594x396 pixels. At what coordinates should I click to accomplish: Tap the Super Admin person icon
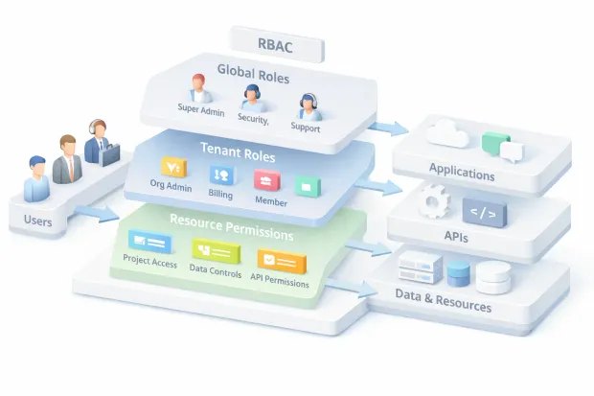pos(199,88)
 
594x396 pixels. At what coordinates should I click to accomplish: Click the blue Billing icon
pos(220,175)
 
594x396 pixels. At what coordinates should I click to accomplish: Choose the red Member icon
pos(265,179)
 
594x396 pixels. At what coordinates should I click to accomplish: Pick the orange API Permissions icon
pos(282,261)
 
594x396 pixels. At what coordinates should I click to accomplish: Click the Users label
pos(39,223)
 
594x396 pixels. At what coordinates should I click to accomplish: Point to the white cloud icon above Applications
pos(448,135)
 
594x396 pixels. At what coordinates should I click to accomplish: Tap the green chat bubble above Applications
pos(500,146)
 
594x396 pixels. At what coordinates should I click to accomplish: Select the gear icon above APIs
pos(433,201)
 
